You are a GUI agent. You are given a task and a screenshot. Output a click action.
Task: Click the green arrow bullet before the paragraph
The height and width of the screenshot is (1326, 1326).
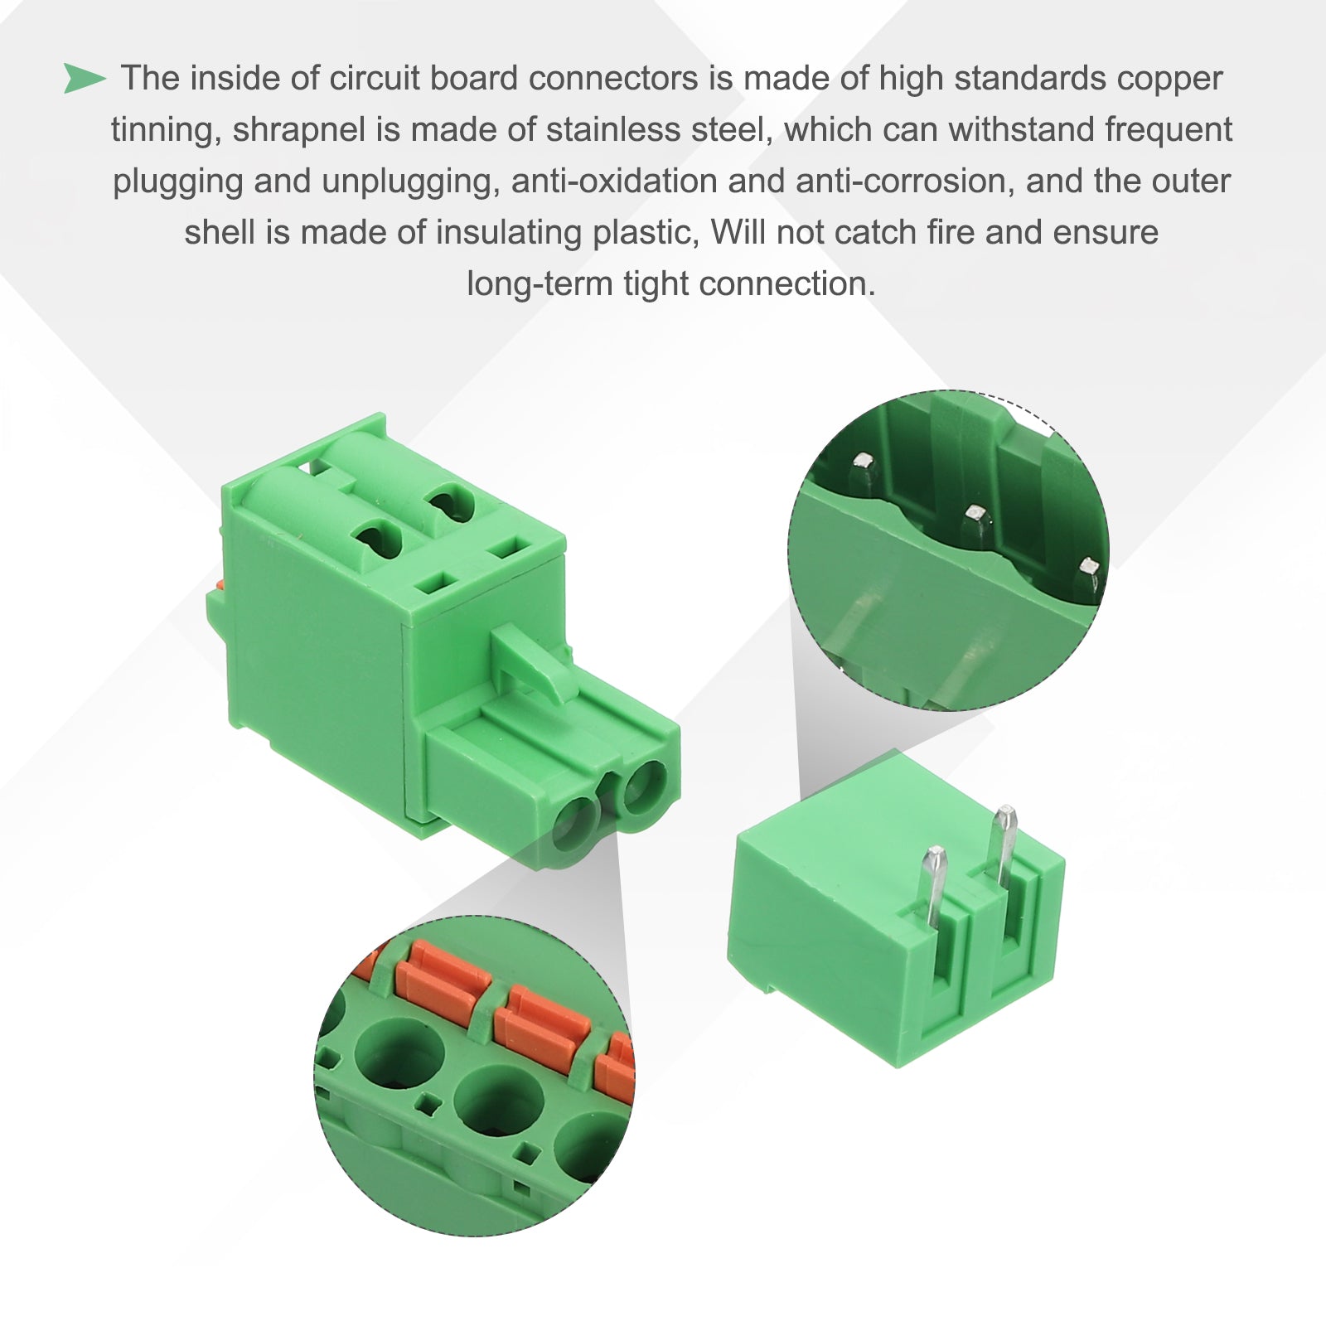click(85, 78)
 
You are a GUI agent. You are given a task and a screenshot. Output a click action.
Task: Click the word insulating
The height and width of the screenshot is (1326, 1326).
click(509, 234)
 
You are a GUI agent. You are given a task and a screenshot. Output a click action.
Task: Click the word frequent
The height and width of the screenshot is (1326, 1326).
click(1169, 131)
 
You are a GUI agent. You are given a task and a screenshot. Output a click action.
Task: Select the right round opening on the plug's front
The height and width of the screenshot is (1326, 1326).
click(643, 786)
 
